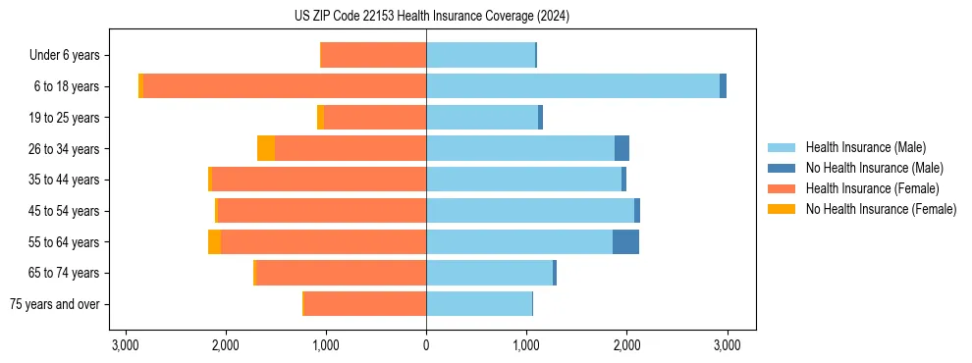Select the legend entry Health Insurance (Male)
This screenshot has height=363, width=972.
tap(865, 147)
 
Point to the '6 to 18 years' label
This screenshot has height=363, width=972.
tap(66, 86)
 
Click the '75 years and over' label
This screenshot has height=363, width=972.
tap(55, 304)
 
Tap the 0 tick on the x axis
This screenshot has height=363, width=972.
tap(426, 345)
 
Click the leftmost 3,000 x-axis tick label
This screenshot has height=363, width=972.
tap(126, 345)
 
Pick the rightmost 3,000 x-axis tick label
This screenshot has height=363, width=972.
tap(727, 345)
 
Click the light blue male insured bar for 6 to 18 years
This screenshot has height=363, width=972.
tap(572, 86)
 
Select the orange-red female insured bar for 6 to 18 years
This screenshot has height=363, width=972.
tap(285, 86)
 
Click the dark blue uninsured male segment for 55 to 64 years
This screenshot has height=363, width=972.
tap(625, 241)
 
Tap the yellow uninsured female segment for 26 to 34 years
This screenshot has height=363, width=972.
tap(266, 148)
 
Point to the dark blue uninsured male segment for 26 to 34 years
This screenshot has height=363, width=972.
tap(621, 148)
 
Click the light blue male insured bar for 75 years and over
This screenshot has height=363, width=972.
tap(479, 304)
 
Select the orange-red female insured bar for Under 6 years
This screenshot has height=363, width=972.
tap(373, 55)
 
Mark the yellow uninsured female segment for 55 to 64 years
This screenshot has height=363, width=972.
tap(215, 241)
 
